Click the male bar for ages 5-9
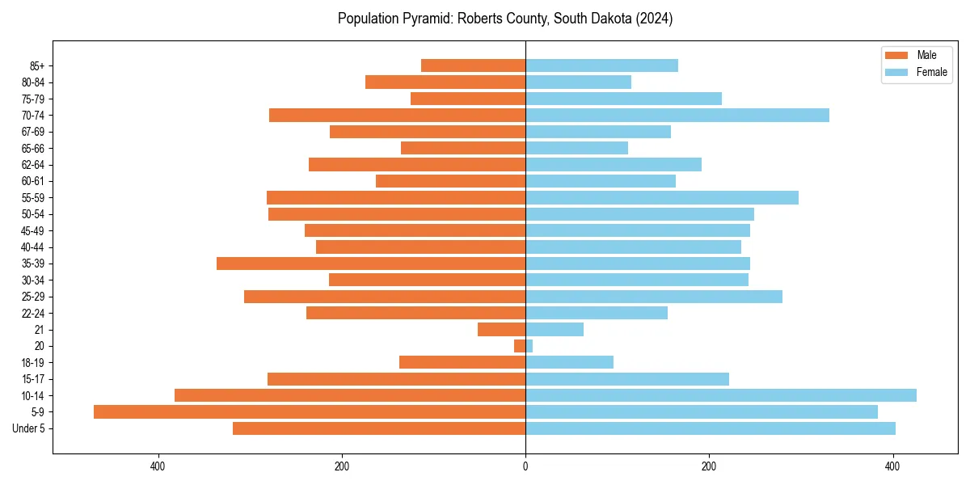[310, 412]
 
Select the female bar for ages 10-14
[721, 395]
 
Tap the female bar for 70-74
[677, 116]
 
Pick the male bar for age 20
[520, 346]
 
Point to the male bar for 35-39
[371, 264]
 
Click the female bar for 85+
[601, 65]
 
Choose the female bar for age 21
[555, 330]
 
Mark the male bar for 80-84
[445, 82]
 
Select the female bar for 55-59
[662, 198]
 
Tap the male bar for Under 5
[379, 428]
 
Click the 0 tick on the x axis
[525, 466]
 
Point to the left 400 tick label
[158, 466]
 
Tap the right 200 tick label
[709, 466]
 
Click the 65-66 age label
[33, 149]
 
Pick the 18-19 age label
[33, 363]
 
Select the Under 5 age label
[29, 428]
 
